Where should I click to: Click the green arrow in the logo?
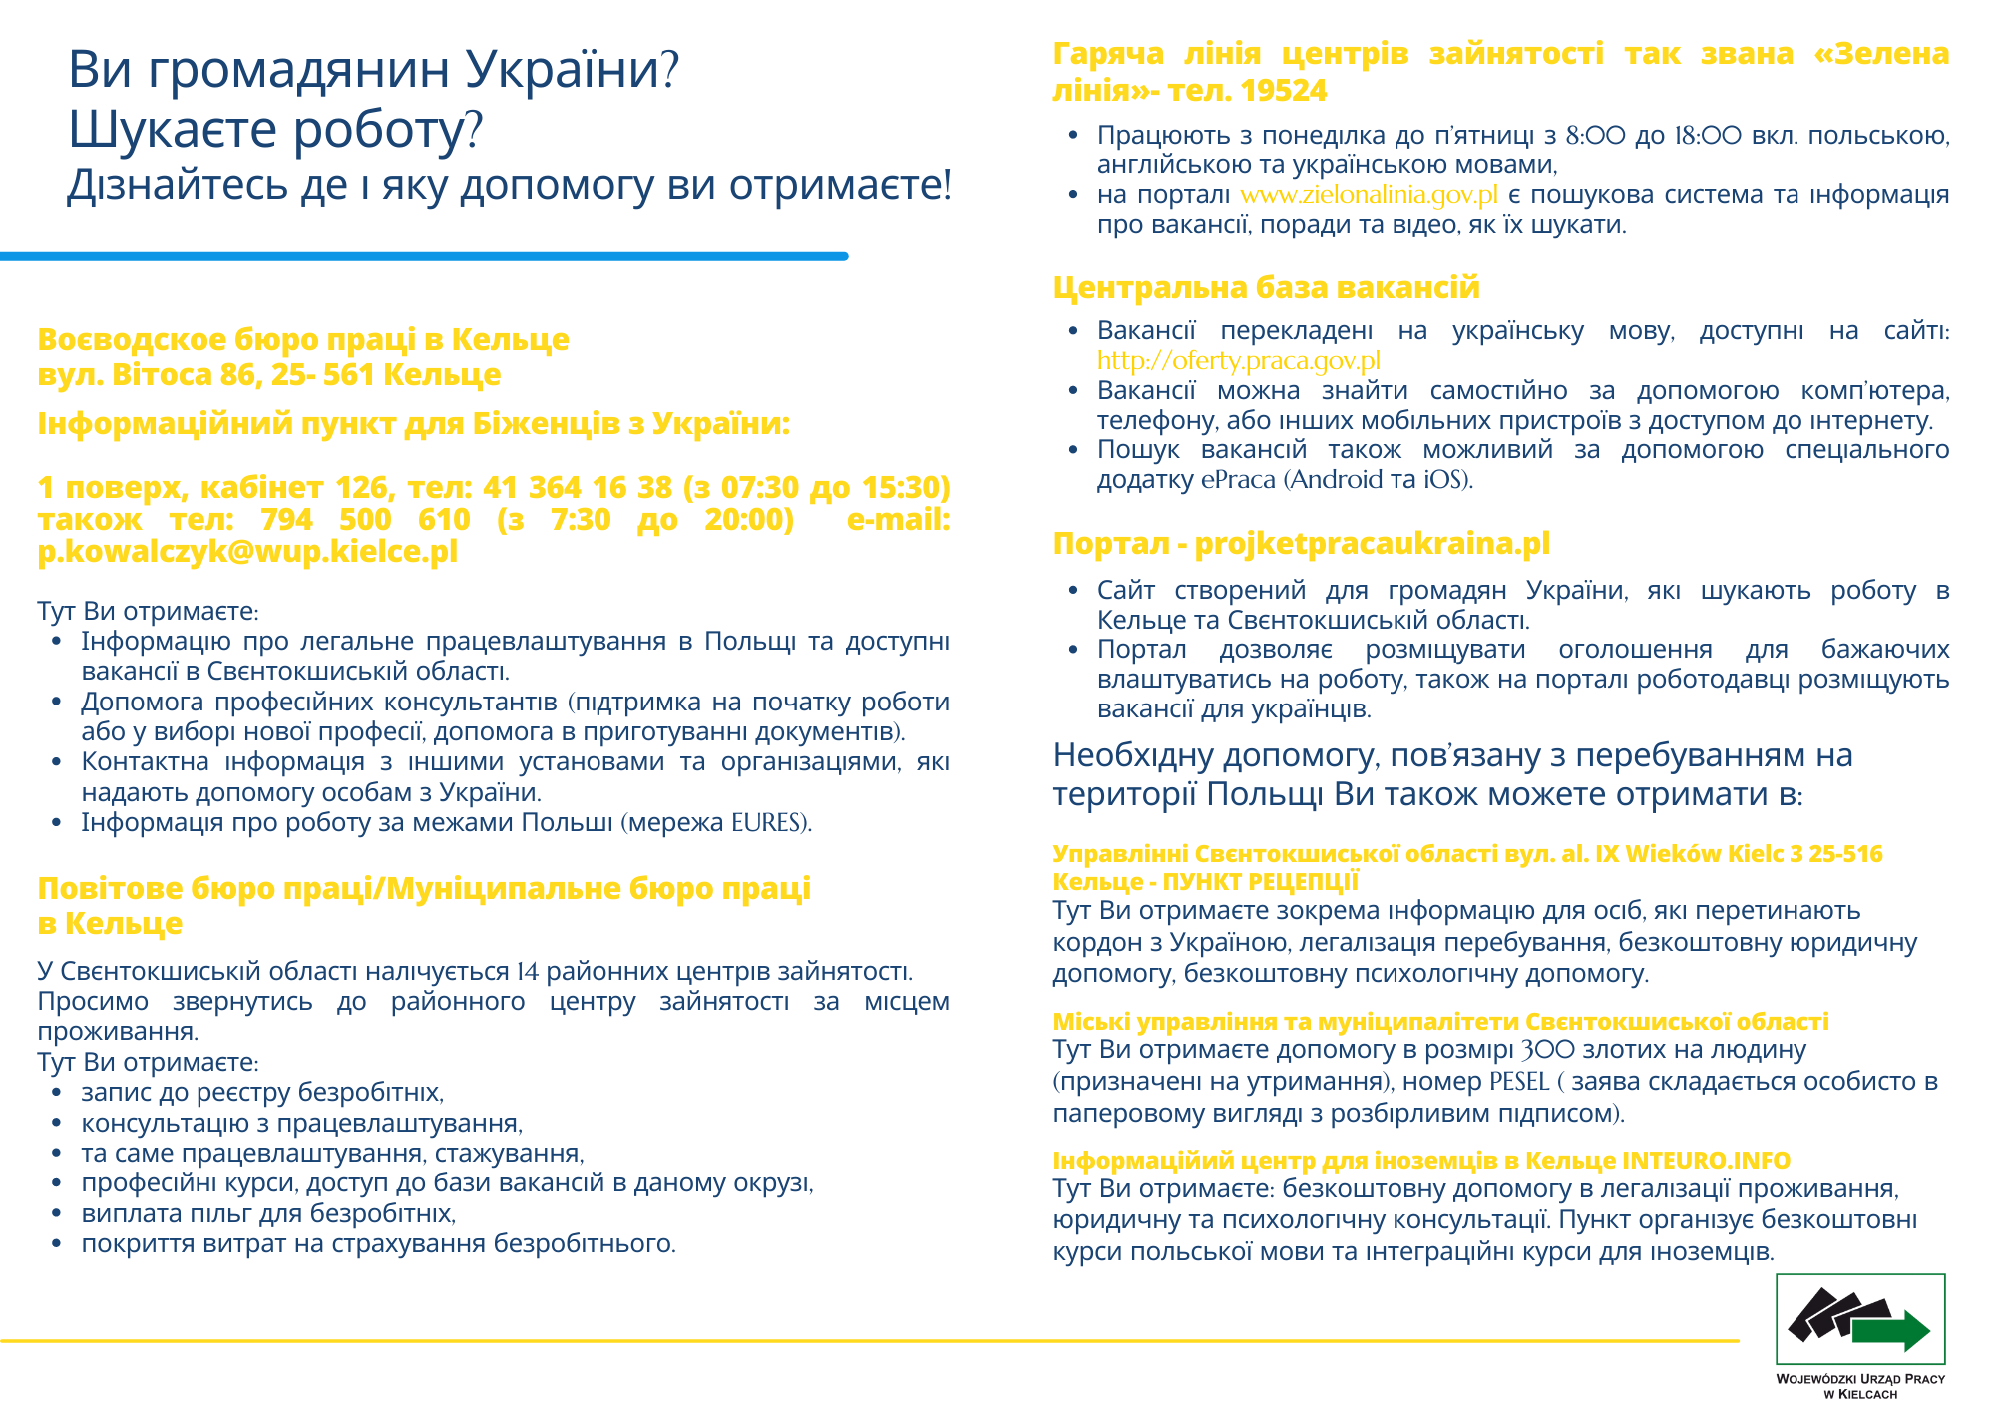pos(1891,1330)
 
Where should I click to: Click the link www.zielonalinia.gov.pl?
pos(1369,194)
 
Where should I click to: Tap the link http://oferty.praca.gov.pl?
pos(1238,360)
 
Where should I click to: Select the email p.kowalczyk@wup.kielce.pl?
pos(247,551)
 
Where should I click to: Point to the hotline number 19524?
pos(1285,91)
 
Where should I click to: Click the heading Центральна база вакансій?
pos(1266,287)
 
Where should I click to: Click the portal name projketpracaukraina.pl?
pos(1372,543)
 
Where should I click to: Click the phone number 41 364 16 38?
pos(578,487)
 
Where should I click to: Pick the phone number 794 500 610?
pos(365,519)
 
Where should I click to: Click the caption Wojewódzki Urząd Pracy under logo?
pos(1860,1385)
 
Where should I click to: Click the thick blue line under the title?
pos(424,257)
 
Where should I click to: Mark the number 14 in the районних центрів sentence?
pos(528,971)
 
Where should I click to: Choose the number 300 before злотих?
pos(1548,1050)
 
